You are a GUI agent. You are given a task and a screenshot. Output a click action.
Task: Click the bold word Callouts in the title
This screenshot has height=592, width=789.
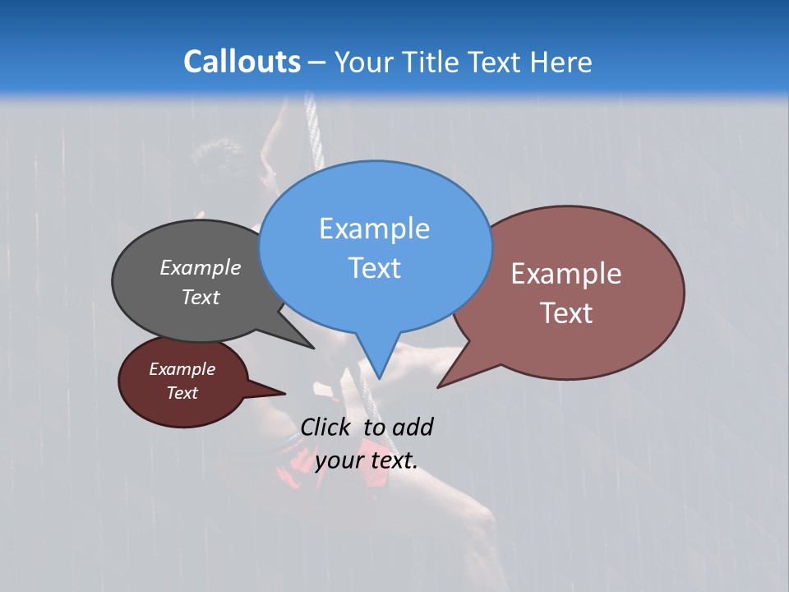click(x=242, y=62)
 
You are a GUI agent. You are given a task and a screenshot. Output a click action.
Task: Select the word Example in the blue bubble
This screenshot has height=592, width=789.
click(x=374, y=229)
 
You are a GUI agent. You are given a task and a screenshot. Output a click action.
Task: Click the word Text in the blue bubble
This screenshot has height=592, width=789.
click(x=374, y=268)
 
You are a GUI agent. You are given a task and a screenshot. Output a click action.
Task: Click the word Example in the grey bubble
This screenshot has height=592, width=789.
click(x=201, y=268)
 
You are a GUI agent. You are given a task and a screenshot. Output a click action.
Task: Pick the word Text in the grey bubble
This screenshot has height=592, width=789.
click(x=201, y=297)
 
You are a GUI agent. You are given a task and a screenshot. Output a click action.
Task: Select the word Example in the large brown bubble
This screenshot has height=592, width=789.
click(x=566, y=274)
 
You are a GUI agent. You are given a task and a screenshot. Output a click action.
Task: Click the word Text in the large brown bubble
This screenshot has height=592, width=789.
click(x=566, y=313)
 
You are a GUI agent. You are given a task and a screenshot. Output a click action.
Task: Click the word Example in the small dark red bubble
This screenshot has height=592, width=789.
click(x=182, y=369)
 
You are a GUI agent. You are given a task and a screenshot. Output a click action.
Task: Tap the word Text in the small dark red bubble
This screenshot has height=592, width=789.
click(x=182, y=393)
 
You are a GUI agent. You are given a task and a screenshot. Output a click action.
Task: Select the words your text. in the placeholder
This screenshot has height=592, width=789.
click(x=367, y=460)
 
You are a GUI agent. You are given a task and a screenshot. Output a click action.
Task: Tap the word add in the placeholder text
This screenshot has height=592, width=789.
click(x=413, y=427)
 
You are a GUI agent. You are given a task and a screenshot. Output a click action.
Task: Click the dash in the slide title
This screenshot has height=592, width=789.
click(x=317, y=62)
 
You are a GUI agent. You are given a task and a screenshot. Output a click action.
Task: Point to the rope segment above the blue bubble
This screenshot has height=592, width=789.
click(x=311, y=123)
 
